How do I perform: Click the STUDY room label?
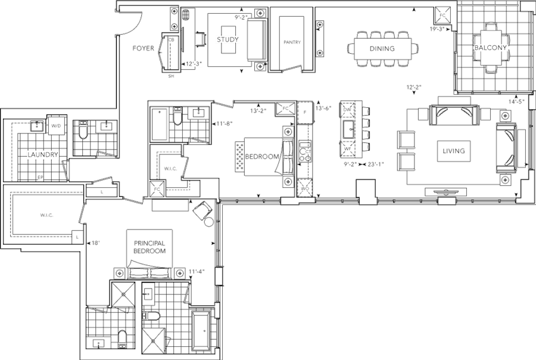pos(228,40)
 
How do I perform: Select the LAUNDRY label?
pos(42,154)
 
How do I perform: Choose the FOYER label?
pos(144,48)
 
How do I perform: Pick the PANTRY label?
pos(290,42)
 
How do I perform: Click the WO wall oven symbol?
pos(303,188)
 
